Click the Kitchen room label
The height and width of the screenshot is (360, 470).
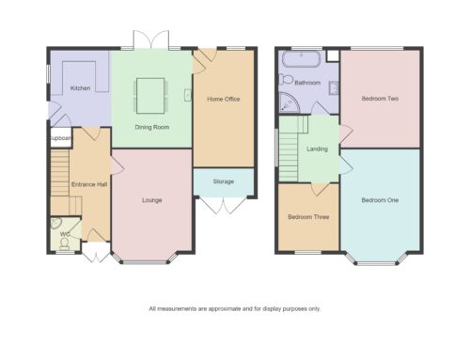click(80, 88)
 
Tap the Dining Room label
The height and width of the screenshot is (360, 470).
click(152, 127)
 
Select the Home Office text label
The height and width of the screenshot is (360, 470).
click(224, 99)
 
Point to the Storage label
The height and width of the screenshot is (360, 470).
click(224, 181)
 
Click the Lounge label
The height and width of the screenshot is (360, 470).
click(152, 200)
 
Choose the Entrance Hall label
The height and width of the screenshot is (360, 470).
click(89, 184)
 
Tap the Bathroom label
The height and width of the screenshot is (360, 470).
click(307, 83)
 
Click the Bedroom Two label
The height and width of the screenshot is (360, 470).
click(380, 99)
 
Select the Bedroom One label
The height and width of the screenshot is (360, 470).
click(380, 200)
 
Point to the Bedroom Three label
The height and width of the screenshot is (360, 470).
click(308, 217)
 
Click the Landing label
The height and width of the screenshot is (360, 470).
click(317, 149)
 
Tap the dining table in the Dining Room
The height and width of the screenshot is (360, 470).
click(150, 96)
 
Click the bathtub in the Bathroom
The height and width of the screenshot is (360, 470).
click(302, 59)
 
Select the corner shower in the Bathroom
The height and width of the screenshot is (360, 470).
click(288, 103)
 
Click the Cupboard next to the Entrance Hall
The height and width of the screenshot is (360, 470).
click(60, 137)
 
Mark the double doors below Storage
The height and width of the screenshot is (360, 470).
click(224, 206)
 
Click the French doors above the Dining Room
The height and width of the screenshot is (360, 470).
click(151, 39)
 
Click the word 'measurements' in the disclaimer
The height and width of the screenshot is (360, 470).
click(177, 309)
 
